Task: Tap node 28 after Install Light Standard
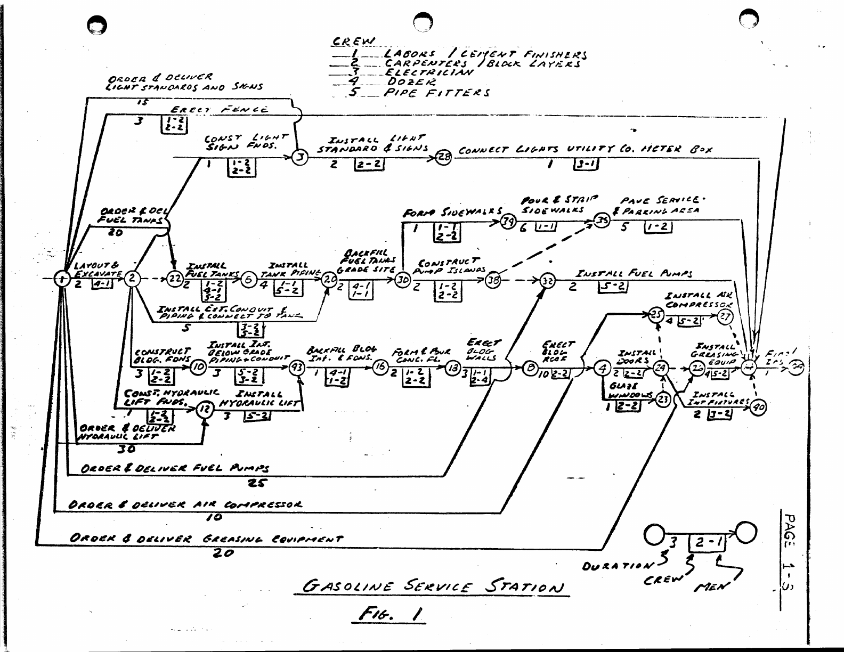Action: (x=443, y=157)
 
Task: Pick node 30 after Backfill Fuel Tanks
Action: (x=402, y=279)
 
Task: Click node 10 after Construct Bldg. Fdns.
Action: (x=198, y=367)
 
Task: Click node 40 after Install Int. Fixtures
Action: (x=758, y=408)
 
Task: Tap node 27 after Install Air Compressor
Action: (x=725, y=316)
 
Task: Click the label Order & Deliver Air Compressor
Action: (x=185, y=504)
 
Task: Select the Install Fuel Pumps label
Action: (x=634, y=274)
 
